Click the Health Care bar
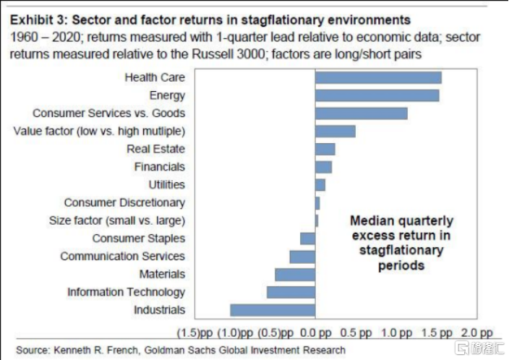(x=378, y=77)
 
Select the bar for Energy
(x=377, y=95)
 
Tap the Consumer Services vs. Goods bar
(x=361, y=113)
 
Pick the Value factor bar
(x=335, y=131)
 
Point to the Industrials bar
(x=273, y=310)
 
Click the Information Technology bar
(x=291, y=292)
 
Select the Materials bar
(x=295, y=274)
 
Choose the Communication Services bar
(x=302, y=257)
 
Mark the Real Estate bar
(x=325, y=149)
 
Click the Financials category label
(x=159, y=167)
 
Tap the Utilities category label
(x=166, y=185)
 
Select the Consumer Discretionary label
(x=124, y=203)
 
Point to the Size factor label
(x=117, y=220)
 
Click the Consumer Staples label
(x=138, y=239)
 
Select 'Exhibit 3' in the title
(x=37, y=20)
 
